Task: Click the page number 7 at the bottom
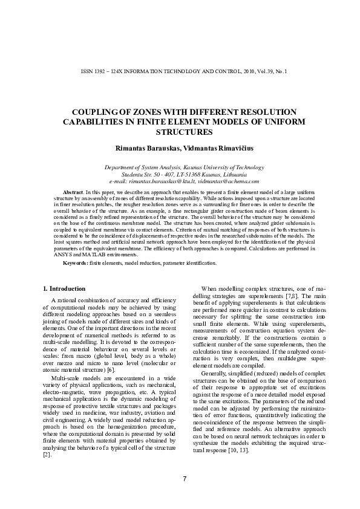click(x=184, y=479)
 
